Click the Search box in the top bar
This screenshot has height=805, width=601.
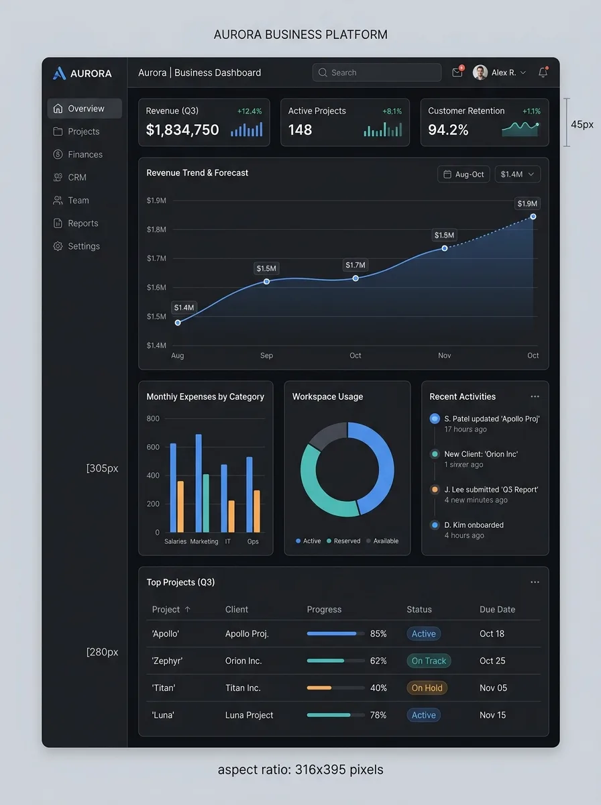point(376,72)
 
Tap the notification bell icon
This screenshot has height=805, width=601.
point(543,72)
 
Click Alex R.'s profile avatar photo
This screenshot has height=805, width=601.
point(480,72)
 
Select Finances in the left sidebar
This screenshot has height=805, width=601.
point(85,154)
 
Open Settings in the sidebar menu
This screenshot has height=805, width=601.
point(83,246)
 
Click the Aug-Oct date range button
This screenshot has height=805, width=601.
point(463,174)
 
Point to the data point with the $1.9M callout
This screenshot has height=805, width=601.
point(533,217)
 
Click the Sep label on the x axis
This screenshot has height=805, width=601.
point(266,356)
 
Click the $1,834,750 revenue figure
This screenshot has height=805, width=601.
point(182,130)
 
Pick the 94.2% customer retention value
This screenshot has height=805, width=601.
point(448,130)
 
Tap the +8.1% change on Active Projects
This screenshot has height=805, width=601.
point(392,111)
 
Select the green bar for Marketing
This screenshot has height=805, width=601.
point(206,503)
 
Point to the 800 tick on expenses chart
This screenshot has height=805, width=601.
point(153,419)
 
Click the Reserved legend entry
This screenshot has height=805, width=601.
point(343,541)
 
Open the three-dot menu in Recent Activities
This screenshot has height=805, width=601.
point(535,396)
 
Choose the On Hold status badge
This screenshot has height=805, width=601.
point(427,688)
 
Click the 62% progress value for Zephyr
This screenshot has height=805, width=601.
point(378,661)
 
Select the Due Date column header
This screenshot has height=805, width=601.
point(497,610)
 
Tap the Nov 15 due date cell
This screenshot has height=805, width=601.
point(492,715)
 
